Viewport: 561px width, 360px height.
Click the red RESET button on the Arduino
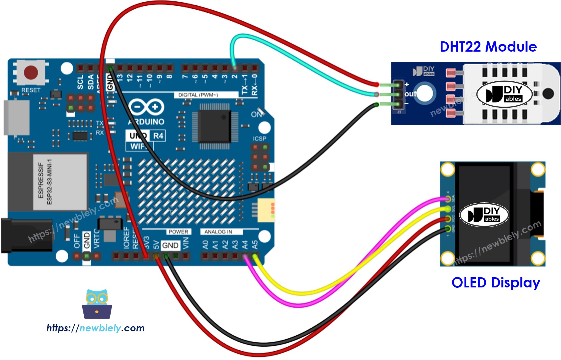point(31,73)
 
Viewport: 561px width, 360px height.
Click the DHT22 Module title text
point(488,47)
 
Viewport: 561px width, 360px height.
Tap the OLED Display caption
point(495,283)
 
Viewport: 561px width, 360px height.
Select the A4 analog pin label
point(245,244)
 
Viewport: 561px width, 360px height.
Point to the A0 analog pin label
point(205,244)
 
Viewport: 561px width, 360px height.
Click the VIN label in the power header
point(185,243)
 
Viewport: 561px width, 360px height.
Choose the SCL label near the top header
point(81,82)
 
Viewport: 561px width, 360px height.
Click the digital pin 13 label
point(120,78)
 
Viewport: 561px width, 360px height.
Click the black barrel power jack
point(27,235)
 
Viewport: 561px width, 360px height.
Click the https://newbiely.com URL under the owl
point(96,328)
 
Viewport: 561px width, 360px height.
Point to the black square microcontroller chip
point(214,126)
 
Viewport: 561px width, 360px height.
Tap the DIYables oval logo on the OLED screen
point(484,215)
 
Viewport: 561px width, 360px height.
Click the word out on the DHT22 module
point(410,94)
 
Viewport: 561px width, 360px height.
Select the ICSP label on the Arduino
point(260,139)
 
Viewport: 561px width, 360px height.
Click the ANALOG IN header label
point(218,232)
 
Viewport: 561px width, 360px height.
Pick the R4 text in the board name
point(158,136)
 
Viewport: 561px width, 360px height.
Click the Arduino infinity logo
point(146,107)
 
